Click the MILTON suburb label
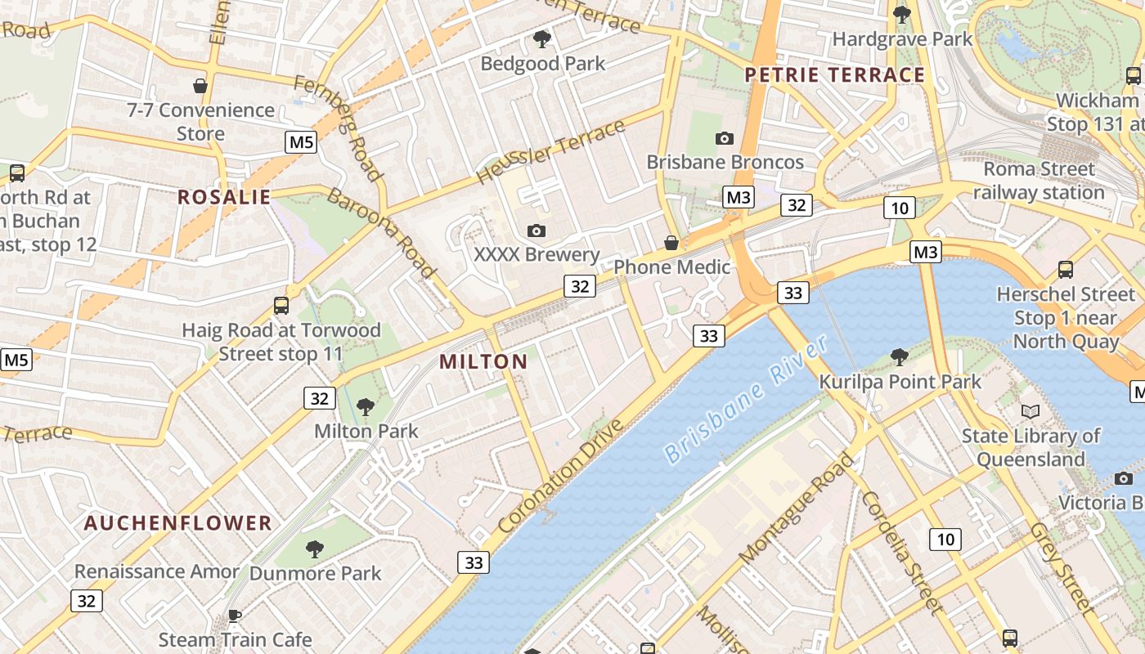pyautogui.click(x=483, y=361)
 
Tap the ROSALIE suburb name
pyautogui.click(x=224, y=197)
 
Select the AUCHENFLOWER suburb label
pyautogui.click(x=177, y=523)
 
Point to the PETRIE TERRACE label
pyautogui.click(x=835, y=75)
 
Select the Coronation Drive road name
pyautogui.click(x=560, y=477)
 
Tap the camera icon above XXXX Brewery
pyautogui.click(x=537, y=231)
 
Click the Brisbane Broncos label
pyautogui.click(x=725, y=162)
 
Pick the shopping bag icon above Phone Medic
pyautogui.click(x=671, y=243)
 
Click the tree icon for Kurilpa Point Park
pyautogui.click(x=900, y=357)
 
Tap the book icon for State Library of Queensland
pyautogui.click(x=1030, y=411)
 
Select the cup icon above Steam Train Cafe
pyautogui.click(x=235, y=616)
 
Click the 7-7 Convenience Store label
pyautogui.click(x=201, y=121)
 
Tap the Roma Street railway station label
pyautogui.click(x=1039, y=181)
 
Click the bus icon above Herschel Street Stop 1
pyautogui.click(x=1065, y=270)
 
